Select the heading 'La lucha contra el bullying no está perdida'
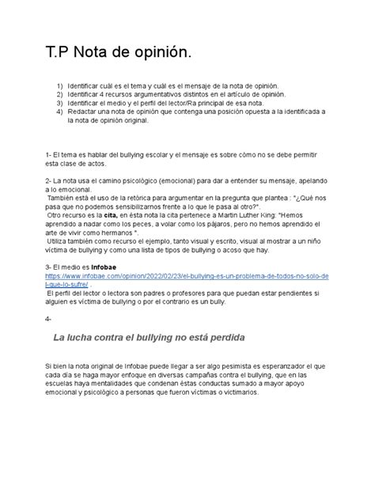pyautogui.click(x=148, y=338)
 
